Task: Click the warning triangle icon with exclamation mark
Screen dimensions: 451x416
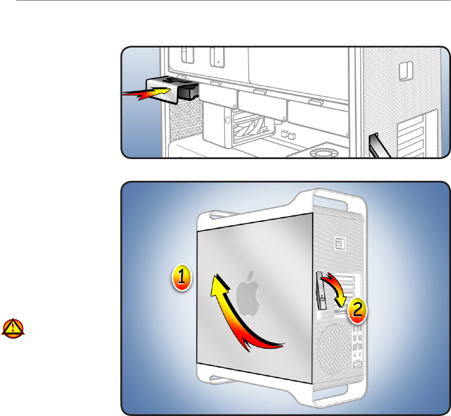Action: (x=13, y=328)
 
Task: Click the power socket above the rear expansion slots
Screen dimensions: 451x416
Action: (x=340, y=244)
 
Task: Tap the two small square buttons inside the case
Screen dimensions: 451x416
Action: (x=289, y=135)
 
